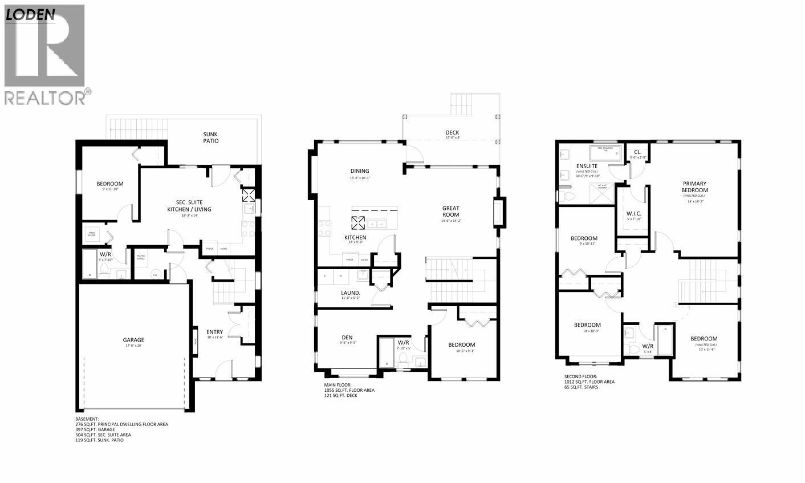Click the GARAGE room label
point(133,340)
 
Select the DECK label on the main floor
point(452,133)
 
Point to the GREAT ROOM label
point(450,212)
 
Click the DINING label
point(360,171)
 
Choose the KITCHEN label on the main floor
point(355,237)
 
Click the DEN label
point(347,337)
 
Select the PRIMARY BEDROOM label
point(694,187)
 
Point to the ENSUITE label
point(586,166)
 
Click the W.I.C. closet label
point(634,214)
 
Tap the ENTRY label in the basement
point(214,332)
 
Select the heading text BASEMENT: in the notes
point(87,419)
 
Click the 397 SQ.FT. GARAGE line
point(95,429)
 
